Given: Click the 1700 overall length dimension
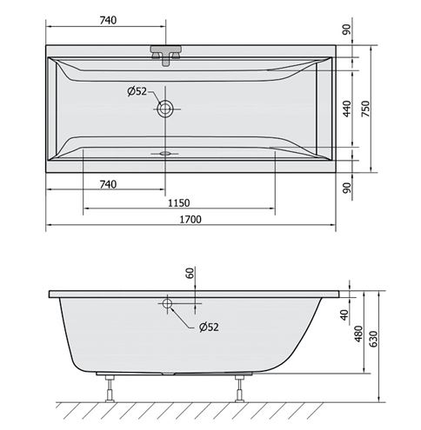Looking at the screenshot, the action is [190, 219].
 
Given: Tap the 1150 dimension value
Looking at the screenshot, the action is [179, 203].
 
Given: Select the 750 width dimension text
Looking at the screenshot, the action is [366, 109].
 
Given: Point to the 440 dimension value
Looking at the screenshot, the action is [347, 109].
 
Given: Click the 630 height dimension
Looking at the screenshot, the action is [374, 339].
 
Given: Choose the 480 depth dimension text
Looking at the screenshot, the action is [358, 334].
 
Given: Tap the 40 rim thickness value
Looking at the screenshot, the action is [344, 315].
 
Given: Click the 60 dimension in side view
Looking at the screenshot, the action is [190, 273].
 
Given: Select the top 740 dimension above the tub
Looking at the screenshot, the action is [108, 20].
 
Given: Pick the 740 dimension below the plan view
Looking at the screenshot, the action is [108, 184].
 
